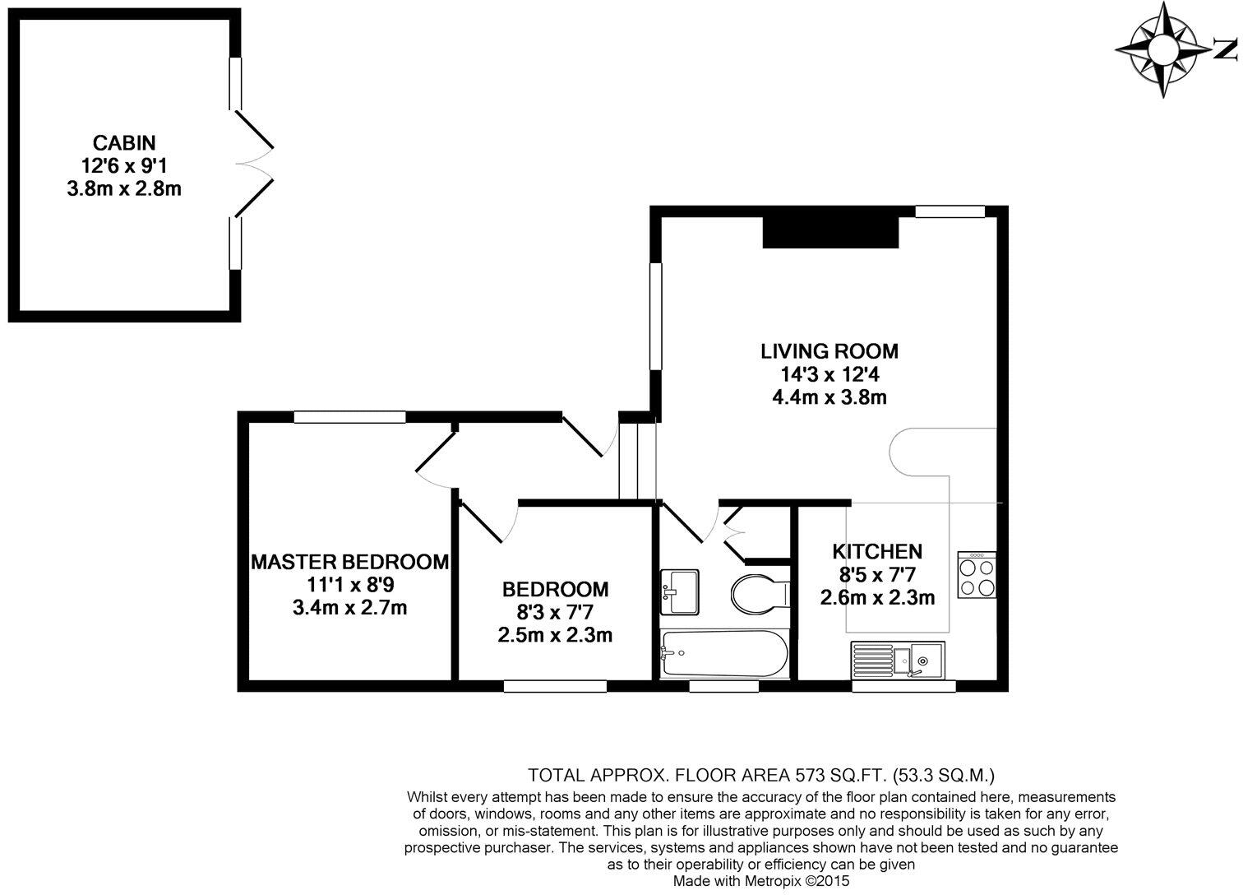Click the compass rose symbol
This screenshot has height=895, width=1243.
(1161, 49)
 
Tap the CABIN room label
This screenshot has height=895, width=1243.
(124, 142)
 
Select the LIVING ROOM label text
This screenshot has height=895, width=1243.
(829, 351)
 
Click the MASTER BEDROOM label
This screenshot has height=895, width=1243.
(349, 562)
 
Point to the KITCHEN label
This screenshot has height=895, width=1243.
(877, 551)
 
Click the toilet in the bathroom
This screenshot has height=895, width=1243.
(759, 593)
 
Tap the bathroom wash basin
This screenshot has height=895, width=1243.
(680, 591)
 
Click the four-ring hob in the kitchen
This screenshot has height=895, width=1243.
(977, 574)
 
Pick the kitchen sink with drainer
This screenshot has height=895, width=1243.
(898, 659)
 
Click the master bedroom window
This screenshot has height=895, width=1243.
(349, 417)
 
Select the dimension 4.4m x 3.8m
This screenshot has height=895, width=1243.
(829, 398)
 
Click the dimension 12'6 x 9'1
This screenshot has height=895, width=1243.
(124, 165)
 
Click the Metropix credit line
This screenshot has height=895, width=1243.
(760, 880)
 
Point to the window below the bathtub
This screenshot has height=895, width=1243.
(723, 686)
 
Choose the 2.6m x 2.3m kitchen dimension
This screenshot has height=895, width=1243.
(877, 598)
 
